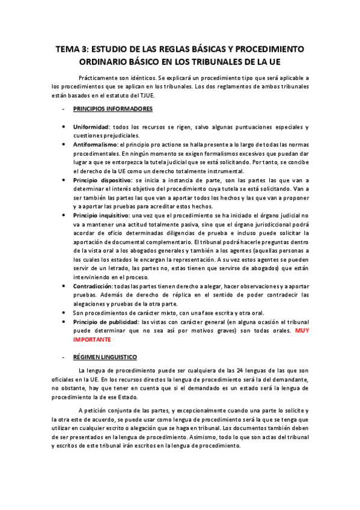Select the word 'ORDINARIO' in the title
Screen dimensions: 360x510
106,61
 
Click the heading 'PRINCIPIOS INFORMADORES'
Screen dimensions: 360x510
112,109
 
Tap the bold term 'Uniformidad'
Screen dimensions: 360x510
91,127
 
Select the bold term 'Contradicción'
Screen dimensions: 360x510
94,286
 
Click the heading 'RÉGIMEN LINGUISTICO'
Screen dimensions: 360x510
105,357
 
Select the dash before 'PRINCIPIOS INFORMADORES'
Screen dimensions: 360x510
63,109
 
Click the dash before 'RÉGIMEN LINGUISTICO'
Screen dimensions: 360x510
63,357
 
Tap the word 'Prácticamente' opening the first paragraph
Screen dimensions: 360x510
100,78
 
